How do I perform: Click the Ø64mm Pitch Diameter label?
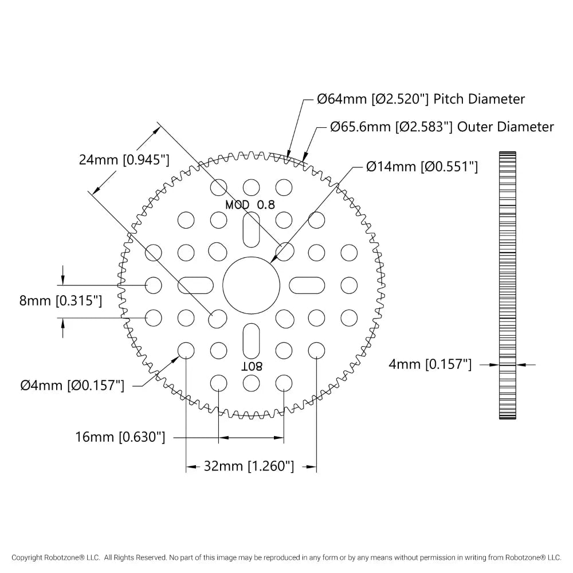pos(421,99)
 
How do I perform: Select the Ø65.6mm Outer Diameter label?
pos(442,127)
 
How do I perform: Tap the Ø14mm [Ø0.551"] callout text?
pos(422,167)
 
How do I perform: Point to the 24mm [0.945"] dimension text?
pos(124,160)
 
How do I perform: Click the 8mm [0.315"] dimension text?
pos(61,301)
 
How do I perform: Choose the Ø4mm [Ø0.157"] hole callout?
pos(72,386)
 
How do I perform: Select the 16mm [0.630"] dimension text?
pos(120,438)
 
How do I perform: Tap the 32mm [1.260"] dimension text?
pos(249,466)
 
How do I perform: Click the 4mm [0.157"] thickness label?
pos(430,364)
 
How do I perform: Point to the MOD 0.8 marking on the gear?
pos(250,205)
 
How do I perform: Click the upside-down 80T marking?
pos(251,366)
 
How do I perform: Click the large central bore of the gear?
pos(251,284)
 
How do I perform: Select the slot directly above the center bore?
pos(251,229)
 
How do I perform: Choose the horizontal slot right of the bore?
pos(306,284)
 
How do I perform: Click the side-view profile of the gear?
pos(508,285)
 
